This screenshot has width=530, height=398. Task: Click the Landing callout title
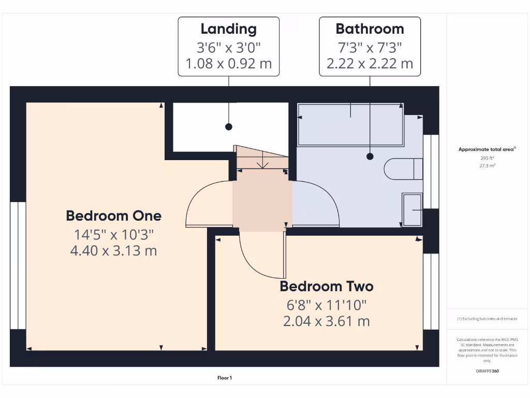click(x=228, y=29)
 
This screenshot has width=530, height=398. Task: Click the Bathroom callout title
click(x=370, y=29)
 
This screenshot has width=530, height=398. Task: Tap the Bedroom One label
click(x=113, y=216)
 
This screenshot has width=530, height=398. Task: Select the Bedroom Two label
click(x=326, y=286)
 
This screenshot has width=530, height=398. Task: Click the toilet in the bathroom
click(x=403, y=169)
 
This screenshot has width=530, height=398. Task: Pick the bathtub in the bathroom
click(x=350, y=125)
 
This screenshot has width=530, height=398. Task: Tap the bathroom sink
click(x=413, y=209)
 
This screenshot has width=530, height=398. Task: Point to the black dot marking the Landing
click(x=228, y=127)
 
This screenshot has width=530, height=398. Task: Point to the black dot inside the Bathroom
click(x=370, y=155)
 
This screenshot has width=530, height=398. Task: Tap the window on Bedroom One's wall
click(x=18, y=265)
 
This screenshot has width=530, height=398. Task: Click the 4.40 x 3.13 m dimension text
click(x=113, y=251)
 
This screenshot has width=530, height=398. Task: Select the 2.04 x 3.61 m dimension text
click(x=326, y=321)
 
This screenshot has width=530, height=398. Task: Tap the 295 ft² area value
click(x=487, y=159)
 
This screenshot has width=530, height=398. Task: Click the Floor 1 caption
click(x=225, y=378)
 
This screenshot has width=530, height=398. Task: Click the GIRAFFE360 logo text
click(x=487, y=371)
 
